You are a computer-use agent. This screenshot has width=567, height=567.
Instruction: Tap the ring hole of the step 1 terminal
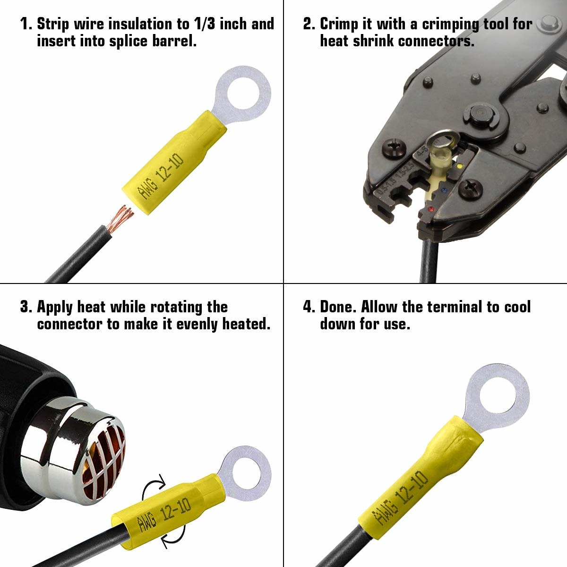(243, 94)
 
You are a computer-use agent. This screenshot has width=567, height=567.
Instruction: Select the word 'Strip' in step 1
(53, 24)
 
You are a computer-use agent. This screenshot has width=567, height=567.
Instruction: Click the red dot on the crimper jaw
(431, 209)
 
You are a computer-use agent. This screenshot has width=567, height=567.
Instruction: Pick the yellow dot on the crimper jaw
(460, 166)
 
